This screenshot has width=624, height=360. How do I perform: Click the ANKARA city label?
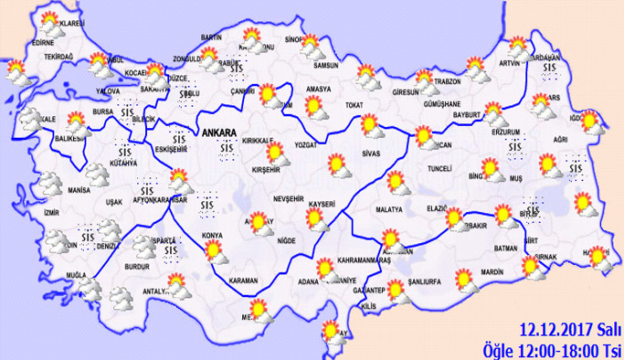(x=224, y=130)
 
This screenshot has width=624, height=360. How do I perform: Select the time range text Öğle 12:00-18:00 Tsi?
(x=553, y=349)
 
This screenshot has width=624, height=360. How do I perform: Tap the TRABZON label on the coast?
(x=449, y=81)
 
